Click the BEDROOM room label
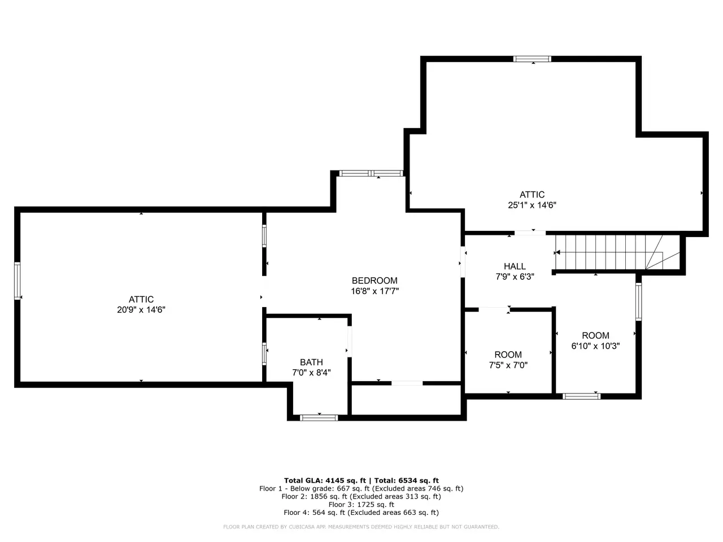pyautogui.click(x=374, y=281)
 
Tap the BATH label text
pyautogui.click(x=311, y=362)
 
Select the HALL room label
pyautogui.click(x=515, y=266)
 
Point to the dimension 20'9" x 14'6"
pyautogui.click(x=141, y=309)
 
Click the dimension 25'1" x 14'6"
pyautogui.click(x=532, y=205)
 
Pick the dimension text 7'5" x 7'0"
pyautogui.click(x=508, y=365)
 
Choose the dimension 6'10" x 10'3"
pyautogui.click(x=595, y=346)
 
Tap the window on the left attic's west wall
pyautogui.click(x=18, y=281)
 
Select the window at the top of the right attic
pyautogui.click(x=532, y=59)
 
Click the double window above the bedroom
pyautogui.click(x=371, y=173)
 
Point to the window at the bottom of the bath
pyautogui.click(x=319, y=418)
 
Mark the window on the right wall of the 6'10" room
pyautogui.click(x=638, y=301)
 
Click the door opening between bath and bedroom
pyautogui.click(x=350, y=341)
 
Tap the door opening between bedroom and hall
pyautogui.click(x=463, y=262)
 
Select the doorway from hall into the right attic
pyautogui.click(x=530, y=233)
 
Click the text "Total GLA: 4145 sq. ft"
pyautogui.click(x=325, y=480)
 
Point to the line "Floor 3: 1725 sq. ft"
pyautogui.click(x=361, y=505)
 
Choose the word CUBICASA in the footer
pyautogui.click(x=300, y=527)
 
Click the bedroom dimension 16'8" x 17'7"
pyautogui.click(x=375, y=291)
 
